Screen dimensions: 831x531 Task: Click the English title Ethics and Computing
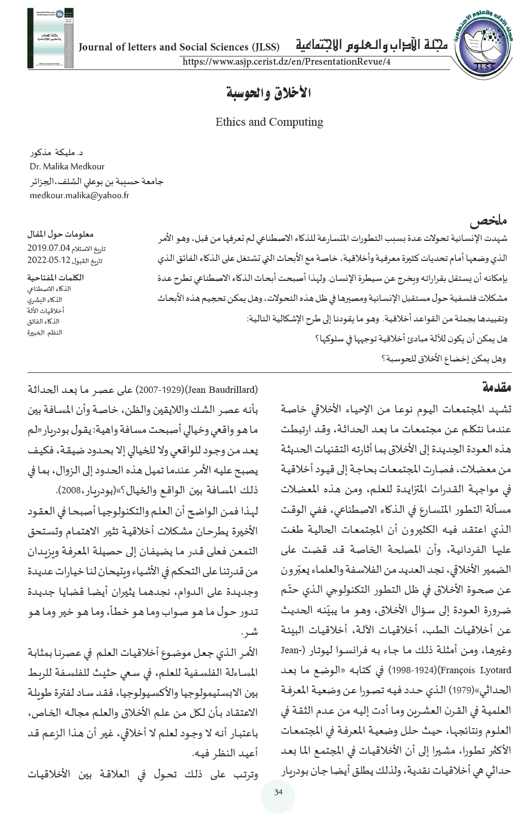(x=269, y=122)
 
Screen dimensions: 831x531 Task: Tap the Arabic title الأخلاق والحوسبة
(x=269, y=94)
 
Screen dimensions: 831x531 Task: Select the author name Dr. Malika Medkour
(x=67, y=167)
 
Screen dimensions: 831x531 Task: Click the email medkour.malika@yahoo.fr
(x=79, y=195)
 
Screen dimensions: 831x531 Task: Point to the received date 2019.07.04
(x=49, y=247)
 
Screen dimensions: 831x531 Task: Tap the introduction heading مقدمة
(x=496, y=388)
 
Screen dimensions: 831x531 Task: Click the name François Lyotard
(x=484, y=670)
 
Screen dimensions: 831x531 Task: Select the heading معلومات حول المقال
(x=60, y=234)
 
